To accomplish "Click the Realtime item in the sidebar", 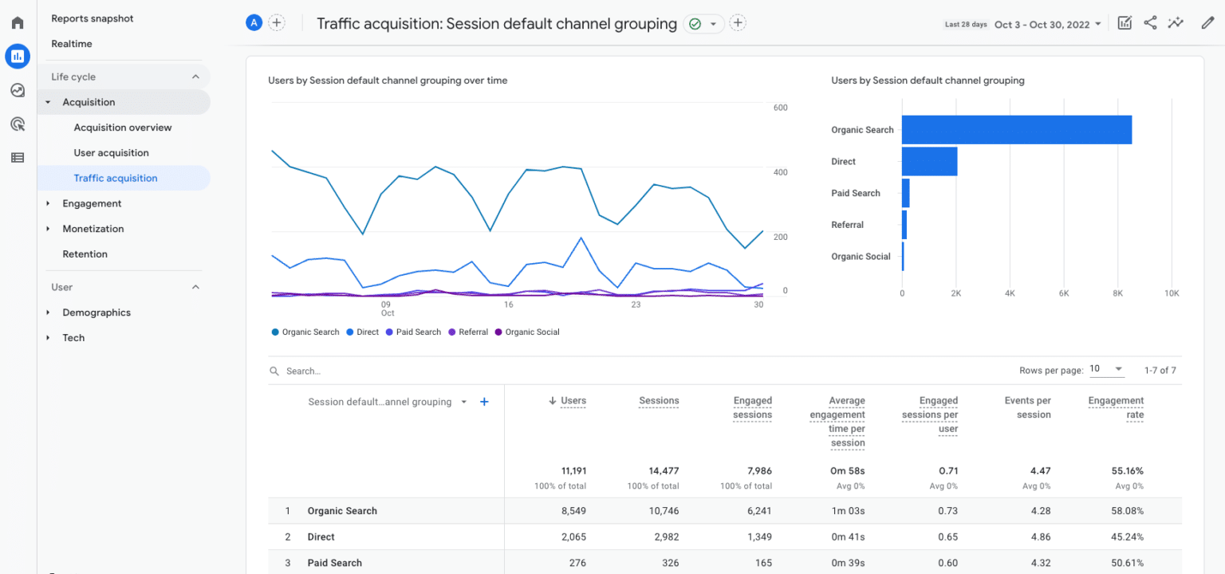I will (72, 44).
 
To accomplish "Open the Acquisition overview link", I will (123, 128).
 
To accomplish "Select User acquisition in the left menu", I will (111, 153).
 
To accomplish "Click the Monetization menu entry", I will (93, 229).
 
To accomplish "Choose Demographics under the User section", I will (97, 313).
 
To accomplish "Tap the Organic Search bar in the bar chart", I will (1016, 130).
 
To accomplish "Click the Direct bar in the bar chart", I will (929, 162).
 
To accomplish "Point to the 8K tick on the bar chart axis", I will (1117, 293).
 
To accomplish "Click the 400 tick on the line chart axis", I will (779, 172).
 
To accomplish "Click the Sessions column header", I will (659, 401).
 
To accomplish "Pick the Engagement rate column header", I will (1116, 407).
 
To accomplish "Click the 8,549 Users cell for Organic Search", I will (573, 511).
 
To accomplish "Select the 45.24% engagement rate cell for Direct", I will (1127, 537).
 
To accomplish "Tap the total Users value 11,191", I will (573, 471).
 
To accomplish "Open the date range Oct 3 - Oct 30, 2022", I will (1046, 24).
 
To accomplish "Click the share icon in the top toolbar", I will (1150, 23).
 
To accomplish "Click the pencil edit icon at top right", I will (1207, 23).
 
